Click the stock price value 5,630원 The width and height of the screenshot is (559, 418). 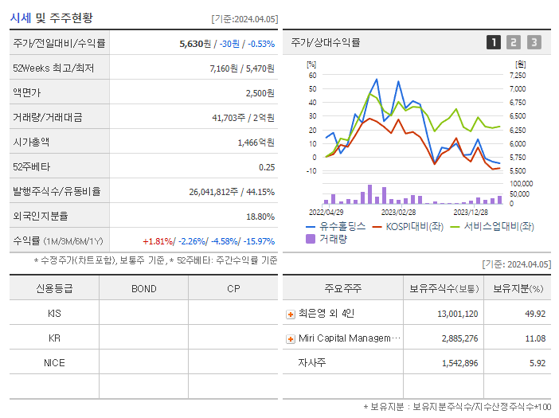point(199,44)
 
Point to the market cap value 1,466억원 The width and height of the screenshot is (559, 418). point(256,143)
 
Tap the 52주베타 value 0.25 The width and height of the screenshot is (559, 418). point(267,167)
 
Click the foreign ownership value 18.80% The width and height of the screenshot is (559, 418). point(260,217)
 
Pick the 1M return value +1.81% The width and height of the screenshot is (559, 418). point(158,241)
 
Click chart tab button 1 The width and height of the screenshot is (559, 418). point(494,43)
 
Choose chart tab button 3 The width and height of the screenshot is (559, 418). point(534,43)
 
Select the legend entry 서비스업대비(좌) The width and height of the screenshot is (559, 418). point(498,226)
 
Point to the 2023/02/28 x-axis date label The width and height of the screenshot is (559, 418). point(398,212)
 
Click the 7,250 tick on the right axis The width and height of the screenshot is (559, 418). point(517,75)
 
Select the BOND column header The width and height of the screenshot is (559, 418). point(144,288)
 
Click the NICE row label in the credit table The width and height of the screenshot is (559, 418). point(54,362)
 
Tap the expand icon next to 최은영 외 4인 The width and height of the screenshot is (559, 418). point(291,314)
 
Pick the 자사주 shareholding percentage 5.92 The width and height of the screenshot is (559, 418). point(535,363)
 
